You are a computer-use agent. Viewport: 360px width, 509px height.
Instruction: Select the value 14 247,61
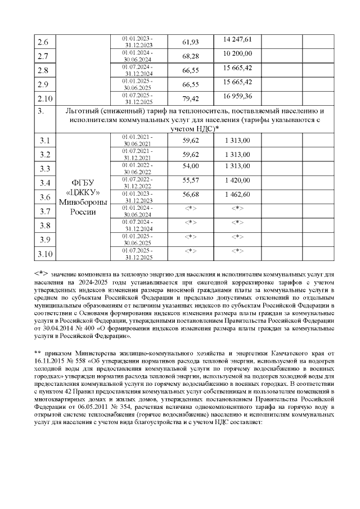pos(237,39)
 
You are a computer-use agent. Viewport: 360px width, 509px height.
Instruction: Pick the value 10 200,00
pos(237,53)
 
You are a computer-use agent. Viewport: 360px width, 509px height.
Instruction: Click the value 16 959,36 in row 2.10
pos(237,96)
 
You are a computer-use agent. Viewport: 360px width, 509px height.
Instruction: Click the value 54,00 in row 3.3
pos(191,166)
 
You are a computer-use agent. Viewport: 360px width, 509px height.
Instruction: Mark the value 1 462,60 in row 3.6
pos(237,194)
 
